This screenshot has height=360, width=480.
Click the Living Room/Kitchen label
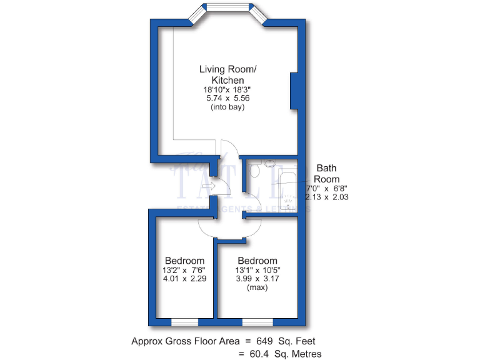coord(227,74)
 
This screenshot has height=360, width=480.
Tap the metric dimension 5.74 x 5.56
coord(227,98)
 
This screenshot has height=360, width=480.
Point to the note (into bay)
coord(227,107)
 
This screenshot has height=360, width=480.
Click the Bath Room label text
coord(327,173)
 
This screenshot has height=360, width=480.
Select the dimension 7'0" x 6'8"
coord(326,187)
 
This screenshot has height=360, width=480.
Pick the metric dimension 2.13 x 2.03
coord(326,197)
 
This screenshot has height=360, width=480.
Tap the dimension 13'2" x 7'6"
coord(184,270)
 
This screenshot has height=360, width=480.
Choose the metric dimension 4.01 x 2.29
coord(184,279)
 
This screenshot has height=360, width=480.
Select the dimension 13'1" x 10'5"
coord(257,270)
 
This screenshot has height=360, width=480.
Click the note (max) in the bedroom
coord(257,287)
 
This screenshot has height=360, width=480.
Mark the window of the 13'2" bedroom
coord(184,322)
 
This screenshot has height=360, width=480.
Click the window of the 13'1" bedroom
coord(257,322)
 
